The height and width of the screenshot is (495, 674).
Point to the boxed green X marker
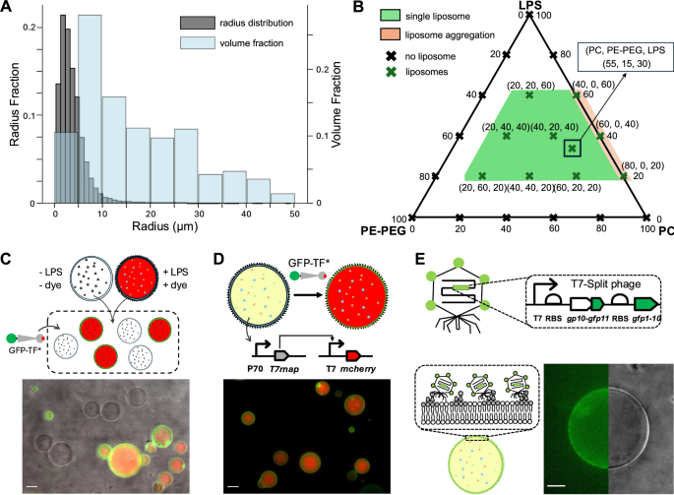coord(571,150)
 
